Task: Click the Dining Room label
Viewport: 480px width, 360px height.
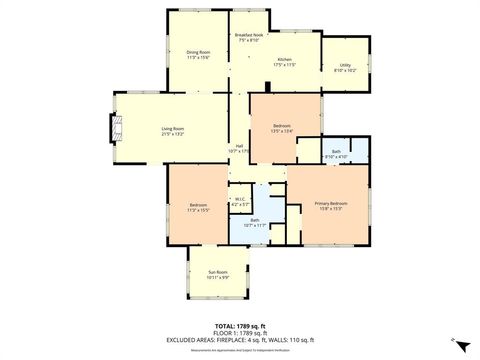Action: (198, 52)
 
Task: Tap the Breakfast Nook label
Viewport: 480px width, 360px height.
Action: (249, 35)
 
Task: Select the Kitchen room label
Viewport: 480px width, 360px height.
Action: (285, 59)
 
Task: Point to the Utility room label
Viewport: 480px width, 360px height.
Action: (345, 66)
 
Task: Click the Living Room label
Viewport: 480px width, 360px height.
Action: (173, 128)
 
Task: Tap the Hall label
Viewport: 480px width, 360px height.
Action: (240, 146)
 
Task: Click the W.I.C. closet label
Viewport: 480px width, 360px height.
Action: (239, 199)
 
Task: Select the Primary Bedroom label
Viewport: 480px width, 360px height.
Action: (331, 203)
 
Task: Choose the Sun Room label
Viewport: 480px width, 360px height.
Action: (217, 272)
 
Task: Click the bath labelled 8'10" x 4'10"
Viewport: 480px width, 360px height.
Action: (336, 156)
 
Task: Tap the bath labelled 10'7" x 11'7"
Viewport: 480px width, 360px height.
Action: (255, 225)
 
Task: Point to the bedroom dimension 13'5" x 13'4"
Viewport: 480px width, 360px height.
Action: (281, 131)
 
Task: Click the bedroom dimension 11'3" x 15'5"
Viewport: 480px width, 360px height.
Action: (197, 210)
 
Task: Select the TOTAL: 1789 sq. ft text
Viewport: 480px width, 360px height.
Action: (238, 325)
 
